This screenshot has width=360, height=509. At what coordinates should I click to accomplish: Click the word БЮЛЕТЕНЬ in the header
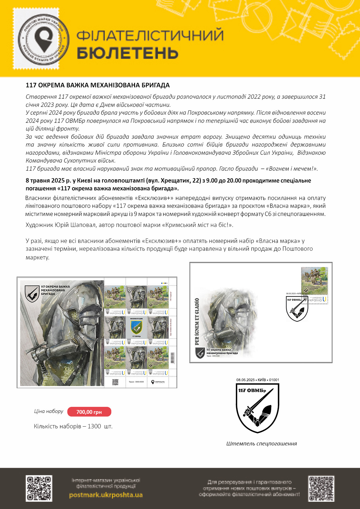pyautogui.click(x=127, y=53)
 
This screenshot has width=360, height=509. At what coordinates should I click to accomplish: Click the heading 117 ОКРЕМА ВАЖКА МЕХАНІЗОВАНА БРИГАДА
pyautogui.click(x=98, y=85)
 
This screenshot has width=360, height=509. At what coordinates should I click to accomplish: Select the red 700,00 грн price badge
pyautogui.click(x=89, y=412)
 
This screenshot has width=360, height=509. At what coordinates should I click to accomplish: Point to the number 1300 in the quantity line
pyautogui.click(x=94, y=426)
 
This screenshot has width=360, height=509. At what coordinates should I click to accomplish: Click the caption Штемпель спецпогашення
pyautogui.click(x=261, y=443)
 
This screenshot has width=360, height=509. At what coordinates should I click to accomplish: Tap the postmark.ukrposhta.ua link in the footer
pyautogui.click(x=106, y=495)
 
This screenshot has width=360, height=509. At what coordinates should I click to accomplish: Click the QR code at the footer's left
pyautogui.click(x=39, y=488)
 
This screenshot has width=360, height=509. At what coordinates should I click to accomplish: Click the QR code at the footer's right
pyautogui.click(x=321, y=488)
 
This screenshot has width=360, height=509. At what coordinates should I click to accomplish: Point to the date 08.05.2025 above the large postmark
pyautogui.click(x=245, y=380)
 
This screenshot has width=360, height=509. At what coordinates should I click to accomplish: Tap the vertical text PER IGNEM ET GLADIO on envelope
pyautogui.click(x=197, y=321)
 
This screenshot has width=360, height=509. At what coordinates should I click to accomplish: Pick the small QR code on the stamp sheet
pyautogui.click(x=115, y=382)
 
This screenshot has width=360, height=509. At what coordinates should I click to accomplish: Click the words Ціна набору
pyautogui.click(x=48, y=411)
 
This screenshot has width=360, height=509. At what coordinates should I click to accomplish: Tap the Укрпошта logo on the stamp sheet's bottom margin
pyautogui.click(x=158, y=382)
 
